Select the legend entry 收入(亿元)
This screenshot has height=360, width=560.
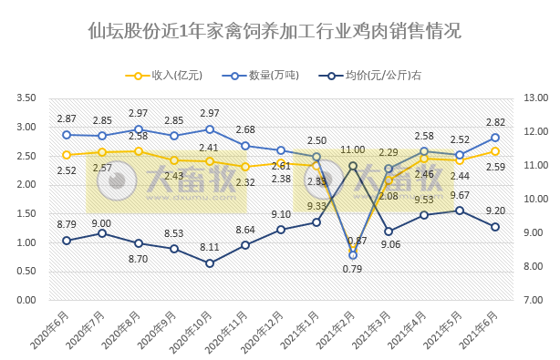pyautogui.click(x=165, y=76)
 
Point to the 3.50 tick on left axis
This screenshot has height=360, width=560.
pyautogui.click(x=26, y=98)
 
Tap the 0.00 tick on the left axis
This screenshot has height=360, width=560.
pyautogui.click(x=26, y=300)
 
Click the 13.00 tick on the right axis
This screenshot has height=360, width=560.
pyautogui.click(x=534, y=98)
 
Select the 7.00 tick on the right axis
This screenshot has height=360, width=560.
pyautogui.click(x=534, y=300)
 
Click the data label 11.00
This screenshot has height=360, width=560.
pyautogui.click(x=353, y=149)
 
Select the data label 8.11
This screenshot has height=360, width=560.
pyautogui.click(x=210, y=246)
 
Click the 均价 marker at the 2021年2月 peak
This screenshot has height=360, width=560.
pyautogui.click(x=353, y=166)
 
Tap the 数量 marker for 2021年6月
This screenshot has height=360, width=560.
pyautogui.click(x=495, y=138)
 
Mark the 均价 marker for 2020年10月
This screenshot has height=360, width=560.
pyautogui.click(x=210, y=263)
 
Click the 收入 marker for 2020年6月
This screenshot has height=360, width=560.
pyautogui.click(x=67, y=155)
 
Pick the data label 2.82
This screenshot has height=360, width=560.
pyautogui.click(x=495, y=122)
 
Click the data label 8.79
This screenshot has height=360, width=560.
pyautogui.click(x=67, y=224)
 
